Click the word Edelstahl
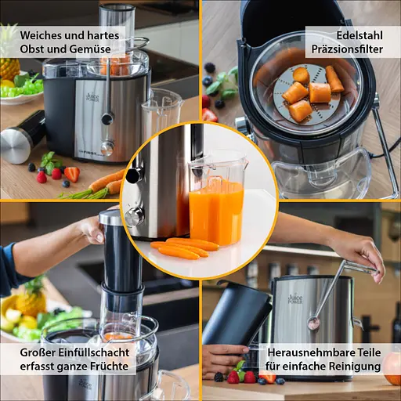click(359, 35)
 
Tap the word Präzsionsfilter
click(347, 49)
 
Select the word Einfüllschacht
click(93, 352)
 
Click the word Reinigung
click(355, 367)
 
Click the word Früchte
click(109, 366)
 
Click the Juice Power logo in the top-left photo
click(92, 97)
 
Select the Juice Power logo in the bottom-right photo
click(295, 298)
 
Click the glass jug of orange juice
click(218, 201)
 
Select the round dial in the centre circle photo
click(135, 215)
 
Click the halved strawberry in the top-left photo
click(71, 174)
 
